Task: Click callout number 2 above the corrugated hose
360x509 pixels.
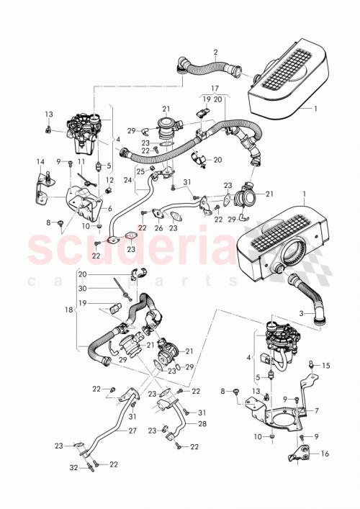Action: pos(215,52)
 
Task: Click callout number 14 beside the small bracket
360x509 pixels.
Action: pos(40,162)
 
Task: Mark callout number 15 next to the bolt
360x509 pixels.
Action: pos(325,366)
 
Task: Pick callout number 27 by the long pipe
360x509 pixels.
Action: pos(132,431)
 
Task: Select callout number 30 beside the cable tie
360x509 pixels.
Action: pos(83,288)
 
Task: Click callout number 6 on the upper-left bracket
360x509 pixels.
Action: pos(109,209)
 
